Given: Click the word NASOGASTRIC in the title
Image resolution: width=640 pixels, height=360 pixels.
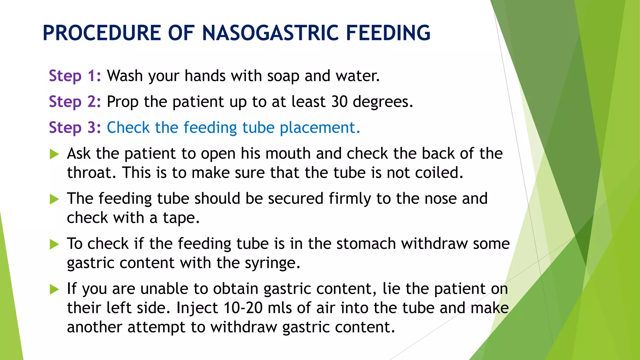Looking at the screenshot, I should (x=270, y=33).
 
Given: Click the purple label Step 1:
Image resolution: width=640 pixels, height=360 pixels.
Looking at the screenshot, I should (x=75, y=76).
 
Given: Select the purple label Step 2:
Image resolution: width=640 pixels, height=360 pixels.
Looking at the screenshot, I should (x=75, y=102).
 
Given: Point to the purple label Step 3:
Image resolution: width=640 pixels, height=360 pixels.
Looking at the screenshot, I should (x=75, y=128).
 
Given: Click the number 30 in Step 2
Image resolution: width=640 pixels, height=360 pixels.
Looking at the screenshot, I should (x=339, y=102).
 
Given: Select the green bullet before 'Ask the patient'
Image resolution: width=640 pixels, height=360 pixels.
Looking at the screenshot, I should (x=54, y=154).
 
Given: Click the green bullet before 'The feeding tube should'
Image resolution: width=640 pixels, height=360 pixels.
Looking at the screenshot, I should (x=54, y=199).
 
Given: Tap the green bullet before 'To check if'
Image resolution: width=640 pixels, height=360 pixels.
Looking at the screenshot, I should (x=54, y=244).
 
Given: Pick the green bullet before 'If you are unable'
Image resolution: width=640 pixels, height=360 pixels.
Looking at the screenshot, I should (x=54, y=289).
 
